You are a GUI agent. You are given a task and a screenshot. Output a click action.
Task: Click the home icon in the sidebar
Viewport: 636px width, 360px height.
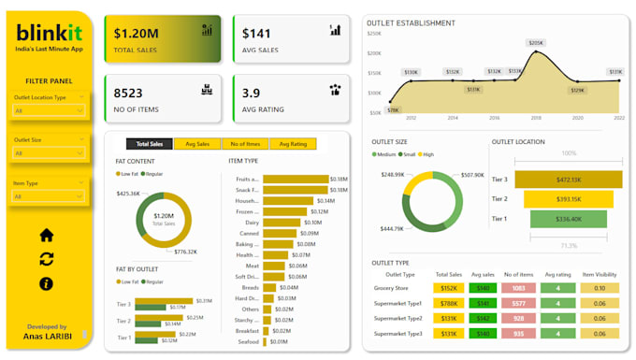point(46,235)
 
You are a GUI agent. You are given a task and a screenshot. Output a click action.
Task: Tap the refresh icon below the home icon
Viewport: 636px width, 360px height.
point(46,259)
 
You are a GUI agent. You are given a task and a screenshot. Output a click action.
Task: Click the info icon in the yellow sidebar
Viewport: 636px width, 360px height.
point(46,283)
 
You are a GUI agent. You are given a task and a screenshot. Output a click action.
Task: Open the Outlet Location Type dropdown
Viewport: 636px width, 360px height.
point(50,110)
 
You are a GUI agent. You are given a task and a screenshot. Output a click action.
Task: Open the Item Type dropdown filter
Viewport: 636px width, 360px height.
point(50,196)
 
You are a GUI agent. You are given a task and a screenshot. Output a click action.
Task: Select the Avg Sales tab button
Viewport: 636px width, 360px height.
point(197,144)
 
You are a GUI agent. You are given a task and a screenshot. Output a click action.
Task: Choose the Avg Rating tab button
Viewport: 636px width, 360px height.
point(292,144)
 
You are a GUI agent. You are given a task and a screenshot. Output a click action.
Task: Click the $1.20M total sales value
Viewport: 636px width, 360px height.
point(137,34)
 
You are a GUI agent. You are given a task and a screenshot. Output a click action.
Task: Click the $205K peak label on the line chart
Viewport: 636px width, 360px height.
point(536,43)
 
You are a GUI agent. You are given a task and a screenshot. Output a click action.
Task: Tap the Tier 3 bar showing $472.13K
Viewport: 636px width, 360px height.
point(568,180)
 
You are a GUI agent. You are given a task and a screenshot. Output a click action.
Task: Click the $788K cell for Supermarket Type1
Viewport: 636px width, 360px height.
point(448,304)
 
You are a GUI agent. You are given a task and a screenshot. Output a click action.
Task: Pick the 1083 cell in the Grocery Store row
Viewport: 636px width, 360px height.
point(517,289)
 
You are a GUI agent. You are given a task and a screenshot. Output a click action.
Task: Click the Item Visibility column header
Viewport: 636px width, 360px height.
point(599,275)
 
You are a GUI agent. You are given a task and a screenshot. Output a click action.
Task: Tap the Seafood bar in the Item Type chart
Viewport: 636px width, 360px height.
point(266,341)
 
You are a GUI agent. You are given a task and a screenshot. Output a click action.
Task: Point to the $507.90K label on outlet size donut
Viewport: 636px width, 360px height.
point(471,175)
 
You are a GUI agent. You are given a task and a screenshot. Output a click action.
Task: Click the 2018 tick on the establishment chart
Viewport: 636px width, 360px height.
point(536,119)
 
